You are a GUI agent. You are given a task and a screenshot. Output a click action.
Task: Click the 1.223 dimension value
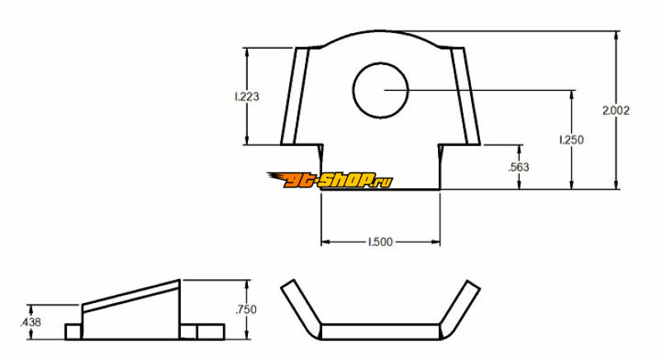tap(247, 97)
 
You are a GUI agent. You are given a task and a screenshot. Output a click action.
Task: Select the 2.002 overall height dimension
tap(616, 111)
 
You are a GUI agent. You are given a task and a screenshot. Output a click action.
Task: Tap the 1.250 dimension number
tap(572, 140)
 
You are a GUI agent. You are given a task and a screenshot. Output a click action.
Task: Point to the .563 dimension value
tap(519, 167)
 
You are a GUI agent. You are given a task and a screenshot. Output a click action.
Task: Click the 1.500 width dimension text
tap(380, 242)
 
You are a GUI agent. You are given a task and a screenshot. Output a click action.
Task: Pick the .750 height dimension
tap(246, 310)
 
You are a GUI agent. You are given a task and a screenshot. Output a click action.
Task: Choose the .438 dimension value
tap(31, 323)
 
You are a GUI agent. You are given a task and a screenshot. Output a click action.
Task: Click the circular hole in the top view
tap(381, 90)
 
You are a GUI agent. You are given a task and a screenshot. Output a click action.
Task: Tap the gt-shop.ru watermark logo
tap(330, 180)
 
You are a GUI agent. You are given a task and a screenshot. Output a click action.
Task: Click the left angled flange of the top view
tap(295, 97)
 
